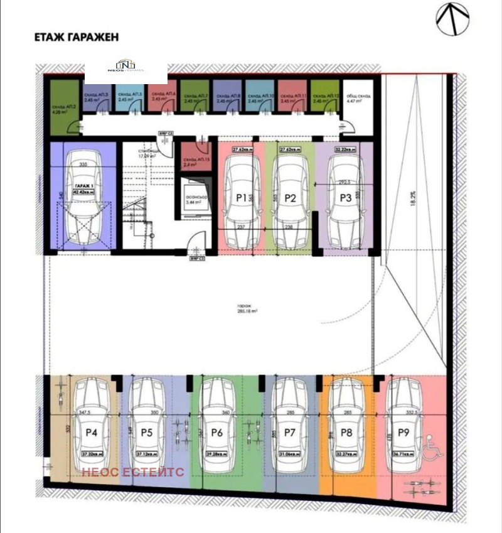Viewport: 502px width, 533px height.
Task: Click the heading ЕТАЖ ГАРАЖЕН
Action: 76,37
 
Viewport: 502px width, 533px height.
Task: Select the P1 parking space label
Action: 240,197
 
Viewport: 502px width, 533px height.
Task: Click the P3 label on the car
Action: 345,197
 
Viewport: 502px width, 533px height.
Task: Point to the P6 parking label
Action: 217,433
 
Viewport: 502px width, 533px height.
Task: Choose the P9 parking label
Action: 403,433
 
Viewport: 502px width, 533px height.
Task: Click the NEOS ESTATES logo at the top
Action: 126,67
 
